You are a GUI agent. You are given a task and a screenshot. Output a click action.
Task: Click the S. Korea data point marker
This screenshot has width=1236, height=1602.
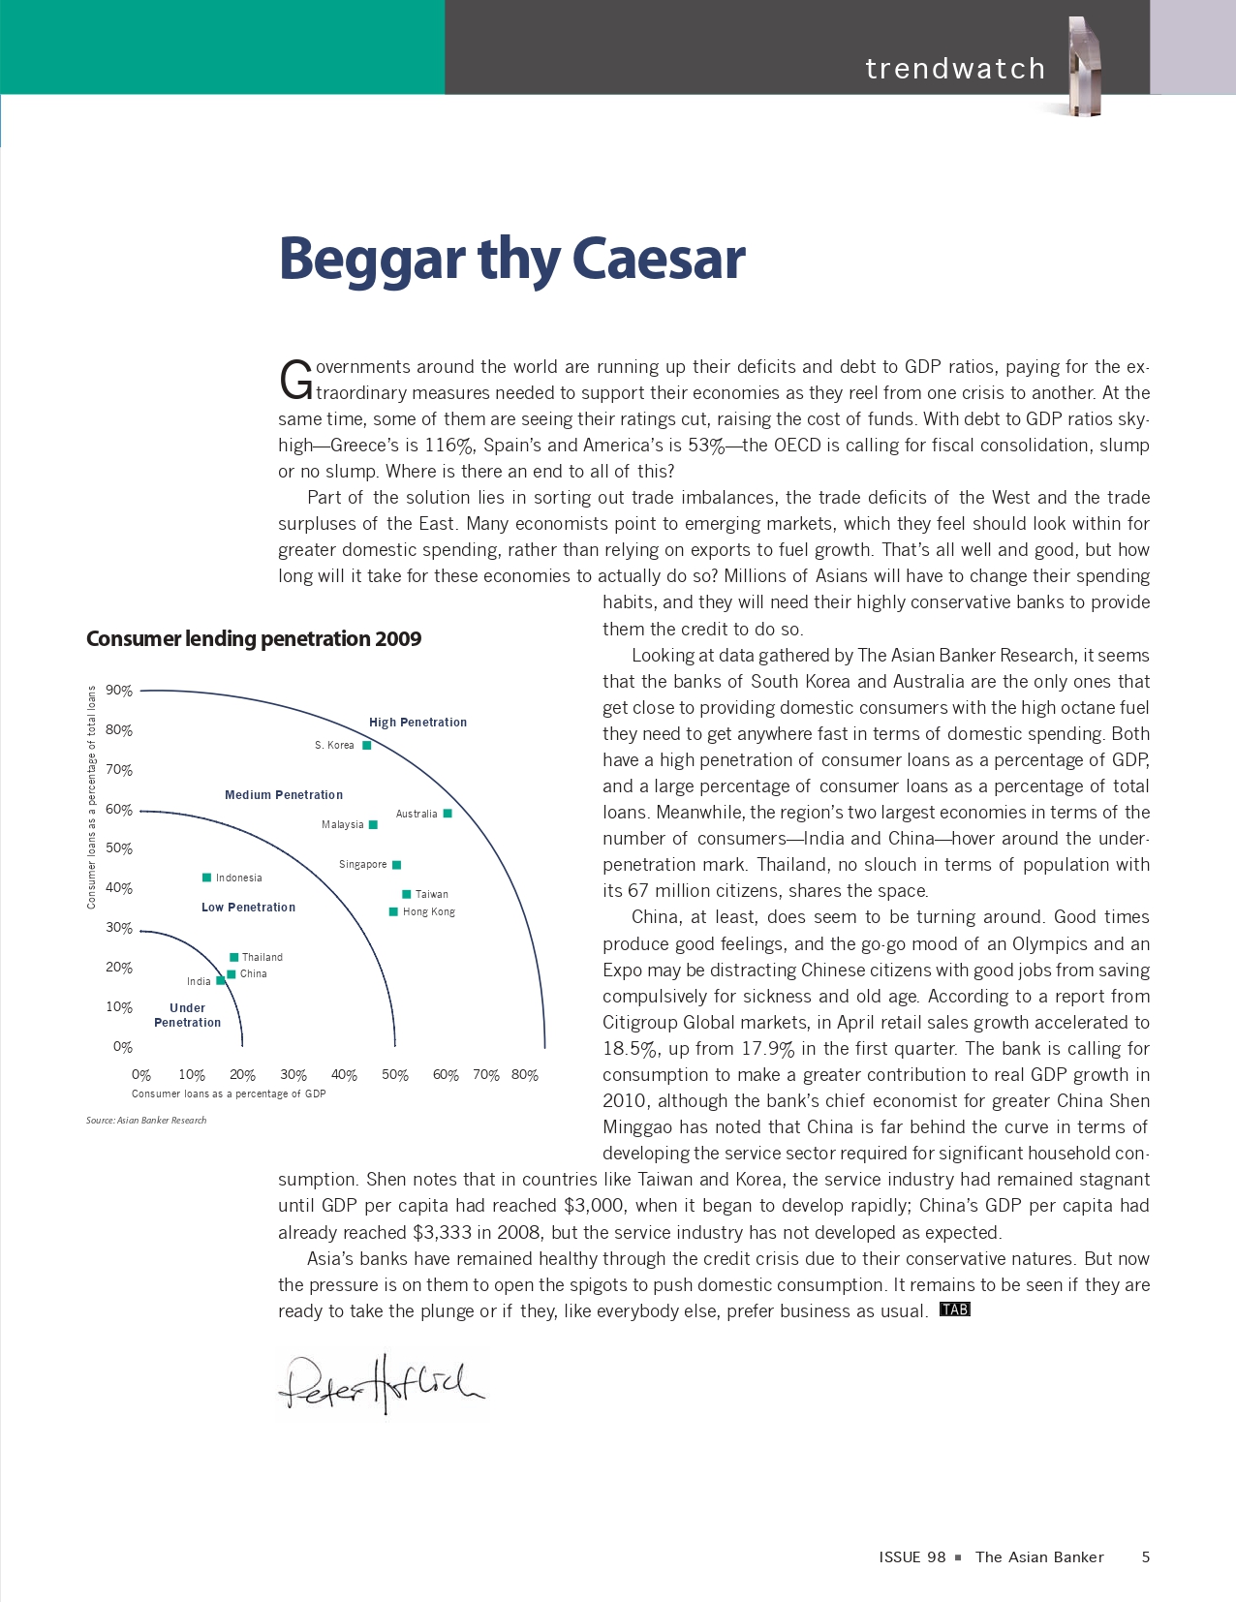(367, 746)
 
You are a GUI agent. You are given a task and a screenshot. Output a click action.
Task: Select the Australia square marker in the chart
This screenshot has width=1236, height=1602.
(448, 814)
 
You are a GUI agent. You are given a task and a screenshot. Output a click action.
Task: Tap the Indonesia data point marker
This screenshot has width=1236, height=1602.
(206, 878)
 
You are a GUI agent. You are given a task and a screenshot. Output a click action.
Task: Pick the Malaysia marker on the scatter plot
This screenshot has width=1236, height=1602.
(374, 825)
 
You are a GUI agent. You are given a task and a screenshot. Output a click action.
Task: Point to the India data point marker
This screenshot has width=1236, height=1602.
(221, 981)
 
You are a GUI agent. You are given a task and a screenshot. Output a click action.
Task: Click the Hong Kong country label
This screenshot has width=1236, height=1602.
(429, 912)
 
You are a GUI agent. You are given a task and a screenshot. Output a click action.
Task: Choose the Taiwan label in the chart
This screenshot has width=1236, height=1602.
(432, 895)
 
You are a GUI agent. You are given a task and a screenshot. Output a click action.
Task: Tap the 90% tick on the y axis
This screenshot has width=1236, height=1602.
(119, 691)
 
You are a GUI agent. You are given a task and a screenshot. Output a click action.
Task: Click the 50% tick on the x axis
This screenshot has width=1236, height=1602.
(395, 1075)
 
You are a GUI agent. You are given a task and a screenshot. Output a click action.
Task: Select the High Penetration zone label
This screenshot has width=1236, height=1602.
(417, 723)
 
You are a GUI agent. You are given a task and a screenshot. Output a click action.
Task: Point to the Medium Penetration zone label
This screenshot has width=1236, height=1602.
(284, 795)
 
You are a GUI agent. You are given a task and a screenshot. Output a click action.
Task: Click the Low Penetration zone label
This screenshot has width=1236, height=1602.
(248, 908)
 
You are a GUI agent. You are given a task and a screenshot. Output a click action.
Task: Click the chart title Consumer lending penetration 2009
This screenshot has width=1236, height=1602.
(254, 639)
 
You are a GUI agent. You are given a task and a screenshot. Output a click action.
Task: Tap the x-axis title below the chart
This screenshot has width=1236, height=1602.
(229, 1094)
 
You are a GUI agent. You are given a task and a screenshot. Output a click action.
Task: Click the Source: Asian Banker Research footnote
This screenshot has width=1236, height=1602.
(146, 1121)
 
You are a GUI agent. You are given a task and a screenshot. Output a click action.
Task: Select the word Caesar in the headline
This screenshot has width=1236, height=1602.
(659, 259)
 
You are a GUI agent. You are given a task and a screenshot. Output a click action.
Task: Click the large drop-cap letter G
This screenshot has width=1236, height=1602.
(295, 381)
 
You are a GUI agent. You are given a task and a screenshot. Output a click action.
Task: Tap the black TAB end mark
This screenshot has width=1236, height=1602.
(955, 1309)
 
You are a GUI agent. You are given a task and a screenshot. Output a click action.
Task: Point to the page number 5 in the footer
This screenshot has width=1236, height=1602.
(1146, 1557)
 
